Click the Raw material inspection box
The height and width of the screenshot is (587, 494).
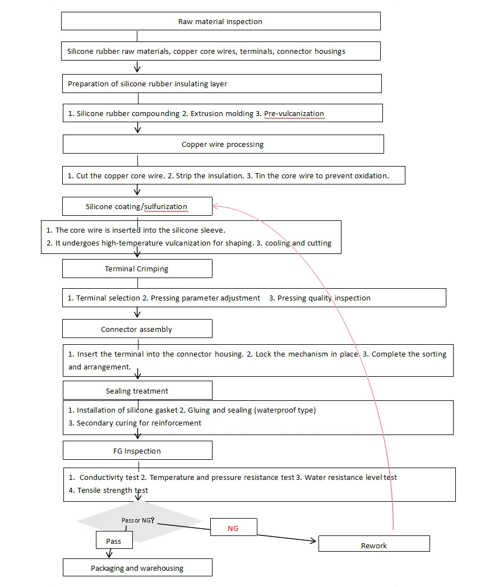(x=220, y=21)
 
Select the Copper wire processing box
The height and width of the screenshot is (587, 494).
(x=223, y=144)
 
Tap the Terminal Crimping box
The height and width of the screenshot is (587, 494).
(x=137, y=269)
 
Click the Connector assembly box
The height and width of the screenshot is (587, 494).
(x=137, y=329)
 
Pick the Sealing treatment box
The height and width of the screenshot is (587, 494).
(x=137, y=391)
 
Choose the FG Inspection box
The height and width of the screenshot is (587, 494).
(x=137, y=451)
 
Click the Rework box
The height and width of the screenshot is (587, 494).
(x=374, y=545)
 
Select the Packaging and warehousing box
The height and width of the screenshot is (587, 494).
(x=137, y=568)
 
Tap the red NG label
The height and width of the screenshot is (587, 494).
(x=233, y=528)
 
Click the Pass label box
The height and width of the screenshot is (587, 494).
(x=114, y=542)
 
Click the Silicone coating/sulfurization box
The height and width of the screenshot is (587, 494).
(x=137, y=206)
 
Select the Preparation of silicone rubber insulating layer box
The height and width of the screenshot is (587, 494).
(x=222, y=84)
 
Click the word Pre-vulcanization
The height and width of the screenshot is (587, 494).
(x=294, y=114)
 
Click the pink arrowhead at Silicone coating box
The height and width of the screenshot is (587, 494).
(x=215, y=207)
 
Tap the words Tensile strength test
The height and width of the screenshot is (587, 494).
(x=112, y=491)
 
